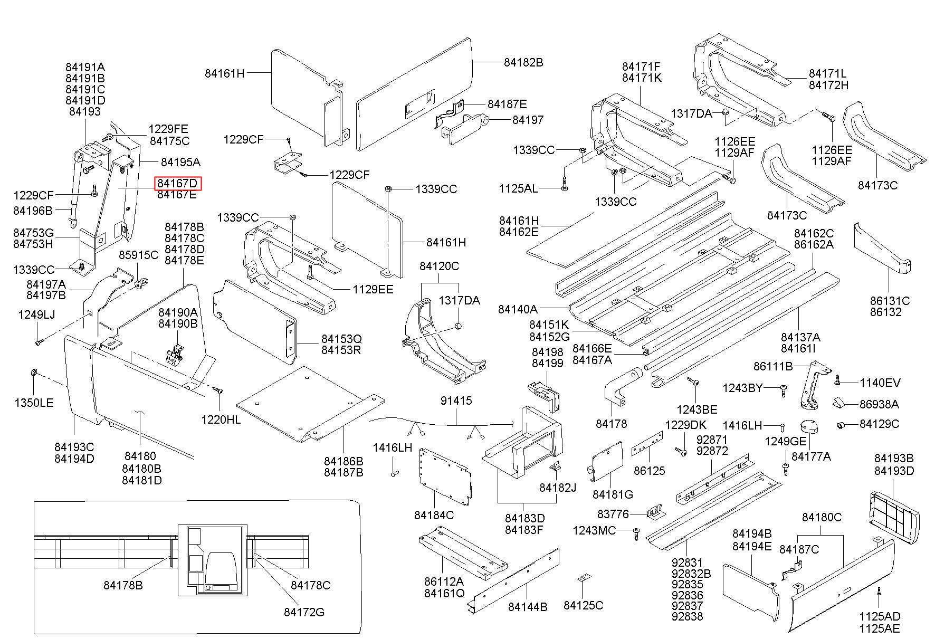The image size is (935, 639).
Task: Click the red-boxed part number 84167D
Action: (178, 183)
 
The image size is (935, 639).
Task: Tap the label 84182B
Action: (523, 62)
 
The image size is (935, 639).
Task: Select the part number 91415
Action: (456, 401)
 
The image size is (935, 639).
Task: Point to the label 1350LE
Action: (34, 403)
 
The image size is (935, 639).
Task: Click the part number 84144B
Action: (528, 607)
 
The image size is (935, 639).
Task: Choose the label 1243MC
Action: (594, 530)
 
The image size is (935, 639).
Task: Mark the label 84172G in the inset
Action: (304, 612)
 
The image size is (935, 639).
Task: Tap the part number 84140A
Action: (518, 309)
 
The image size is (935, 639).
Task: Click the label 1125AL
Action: (518, 188)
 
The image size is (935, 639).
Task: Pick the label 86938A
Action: (879, 404)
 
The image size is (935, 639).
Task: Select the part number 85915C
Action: (138, 255)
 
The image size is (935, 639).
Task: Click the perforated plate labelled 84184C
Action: (445, 475)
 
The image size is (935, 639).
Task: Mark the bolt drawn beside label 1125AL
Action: (565, 185)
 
